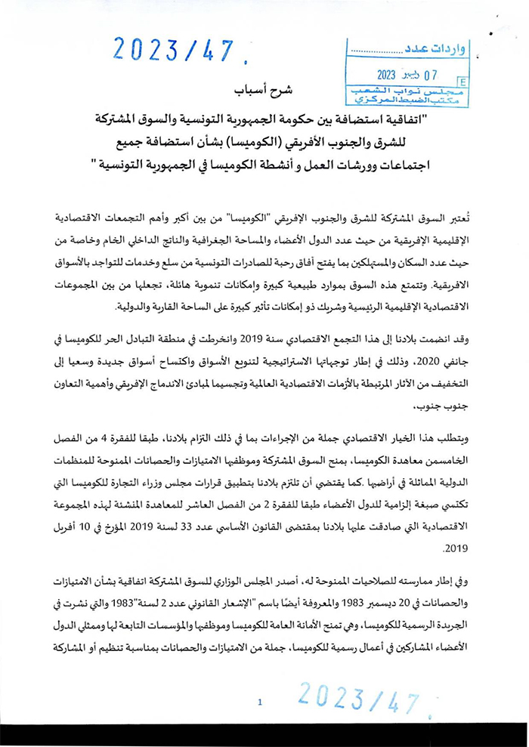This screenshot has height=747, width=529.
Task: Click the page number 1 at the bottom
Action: tap(260, 702)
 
